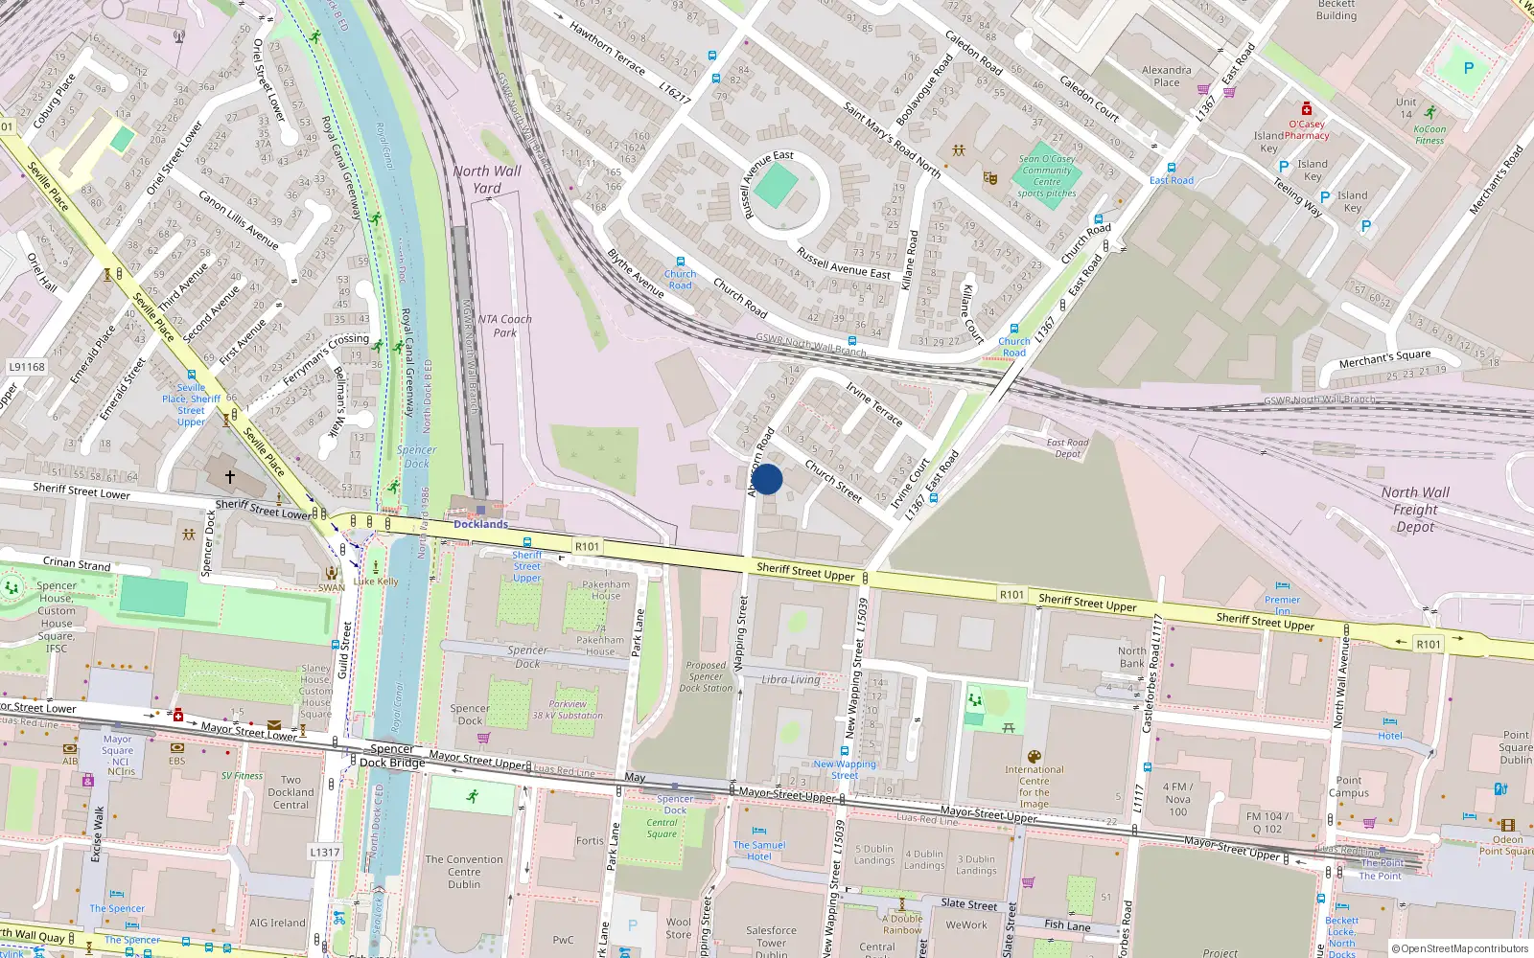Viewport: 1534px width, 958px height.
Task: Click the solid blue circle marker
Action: pos(767,479)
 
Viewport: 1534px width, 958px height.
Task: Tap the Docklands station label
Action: pos(480,524)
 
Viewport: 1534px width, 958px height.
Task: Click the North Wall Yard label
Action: pos(487,179)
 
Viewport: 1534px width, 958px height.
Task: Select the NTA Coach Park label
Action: pos(504,326)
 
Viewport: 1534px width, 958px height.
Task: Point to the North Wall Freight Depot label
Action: pos(1415,509)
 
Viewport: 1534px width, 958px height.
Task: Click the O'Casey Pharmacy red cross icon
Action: pos(1306,109)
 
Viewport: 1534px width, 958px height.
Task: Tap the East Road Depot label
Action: pos(1067,447)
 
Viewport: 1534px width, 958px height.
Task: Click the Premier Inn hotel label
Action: pos(1282,604)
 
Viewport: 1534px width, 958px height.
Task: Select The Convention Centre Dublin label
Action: pos(464,872)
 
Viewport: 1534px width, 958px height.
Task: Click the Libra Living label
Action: pos(791,679)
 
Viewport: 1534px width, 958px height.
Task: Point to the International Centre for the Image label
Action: pos(1034,786)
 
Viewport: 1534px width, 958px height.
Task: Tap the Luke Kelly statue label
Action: pos(376,581)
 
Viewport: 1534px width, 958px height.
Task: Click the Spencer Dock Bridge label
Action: pos(391,756)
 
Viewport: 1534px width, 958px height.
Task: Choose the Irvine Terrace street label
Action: pos(874,403)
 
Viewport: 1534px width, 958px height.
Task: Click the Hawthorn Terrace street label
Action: pos(608,48)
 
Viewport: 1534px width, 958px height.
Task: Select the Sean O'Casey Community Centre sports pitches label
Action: pos(1047,176)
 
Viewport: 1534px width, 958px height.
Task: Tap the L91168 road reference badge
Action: pos(27,367)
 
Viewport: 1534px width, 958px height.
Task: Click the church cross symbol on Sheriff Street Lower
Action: pos(230,476)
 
